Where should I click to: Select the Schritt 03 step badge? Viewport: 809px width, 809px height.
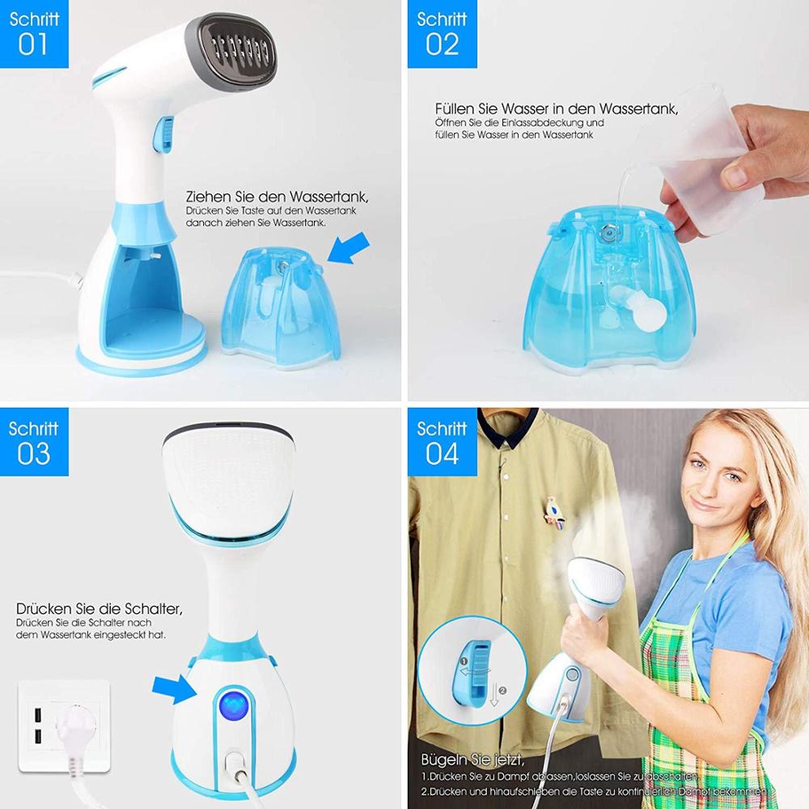[34, 442]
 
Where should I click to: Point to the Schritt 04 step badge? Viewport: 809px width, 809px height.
[442, 442]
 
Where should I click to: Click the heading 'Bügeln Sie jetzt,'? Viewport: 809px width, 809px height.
[472, 760]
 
